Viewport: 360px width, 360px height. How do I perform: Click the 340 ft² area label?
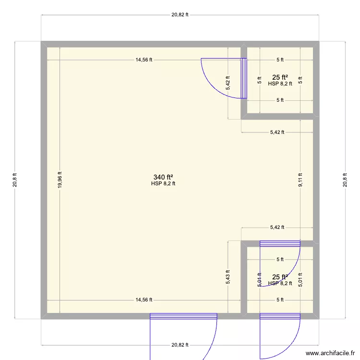(x=163, y=177)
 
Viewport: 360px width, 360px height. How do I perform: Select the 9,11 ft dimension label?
(x=300, y=180)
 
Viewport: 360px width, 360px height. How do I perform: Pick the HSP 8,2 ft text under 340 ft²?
(x=163, y=183)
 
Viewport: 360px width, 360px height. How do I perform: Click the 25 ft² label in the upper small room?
(x=280, y=77)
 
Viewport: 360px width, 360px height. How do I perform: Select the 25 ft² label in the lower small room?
(x=280, y=277)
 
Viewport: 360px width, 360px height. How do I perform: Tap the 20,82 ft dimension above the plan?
(x=180, y=14)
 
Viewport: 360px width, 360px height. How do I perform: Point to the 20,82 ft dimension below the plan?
(x=180, y=345)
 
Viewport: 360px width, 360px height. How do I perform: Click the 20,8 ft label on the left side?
(x=15, y=180)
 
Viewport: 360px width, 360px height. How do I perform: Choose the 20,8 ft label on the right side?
(x=345, y=180)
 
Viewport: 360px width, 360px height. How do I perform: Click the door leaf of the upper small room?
(x=244, y=78)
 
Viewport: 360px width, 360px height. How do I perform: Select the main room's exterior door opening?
(x=183, y=316)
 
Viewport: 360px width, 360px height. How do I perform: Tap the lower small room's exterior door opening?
(x=280, y=316)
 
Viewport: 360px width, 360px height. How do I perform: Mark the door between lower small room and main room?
(x=280, y=243)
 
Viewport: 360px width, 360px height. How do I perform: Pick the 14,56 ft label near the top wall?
(x=144, y=60)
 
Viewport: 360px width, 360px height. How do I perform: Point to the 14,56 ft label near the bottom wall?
(x=144, y=300)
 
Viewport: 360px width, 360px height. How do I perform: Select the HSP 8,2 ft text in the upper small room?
(x=280, y=84)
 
